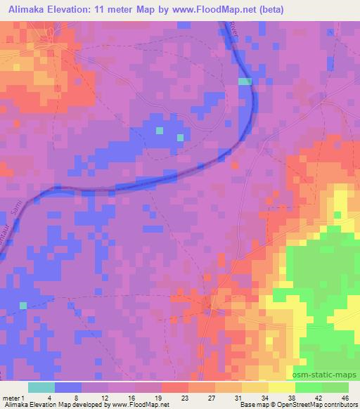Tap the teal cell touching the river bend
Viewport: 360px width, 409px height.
244,82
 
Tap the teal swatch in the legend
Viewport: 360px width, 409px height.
41,387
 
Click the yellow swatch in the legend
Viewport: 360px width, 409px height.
281,387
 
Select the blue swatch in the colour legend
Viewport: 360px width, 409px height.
68,387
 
